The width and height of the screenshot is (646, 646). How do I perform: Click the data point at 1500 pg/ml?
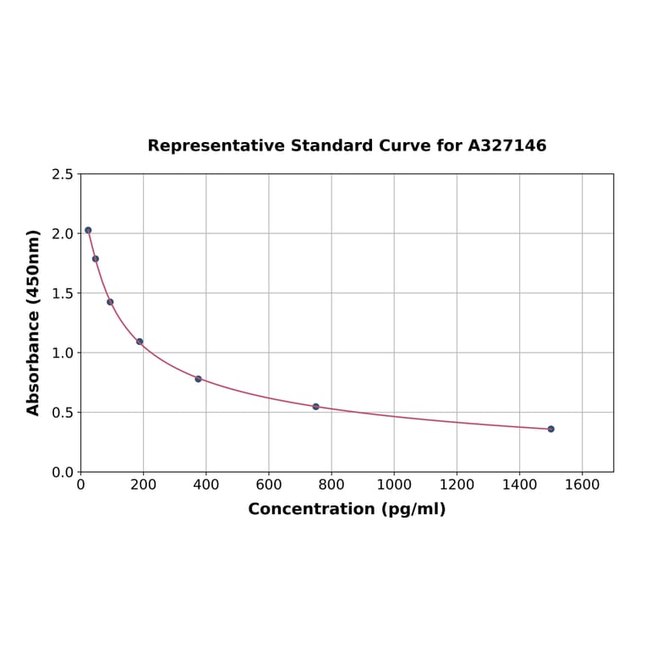click(550, 429)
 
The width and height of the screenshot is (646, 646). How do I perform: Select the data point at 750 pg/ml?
click(315, 407)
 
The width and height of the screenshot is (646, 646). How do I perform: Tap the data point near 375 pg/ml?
click(198, 379)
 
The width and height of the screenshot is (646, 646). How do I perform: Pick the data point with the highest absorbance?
click(88, 230)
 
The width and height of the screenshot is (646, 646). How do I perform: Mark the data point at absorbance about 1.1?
click(140, 342)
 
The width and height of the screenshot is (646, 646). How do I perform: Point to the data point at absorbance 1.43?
click(110, 302)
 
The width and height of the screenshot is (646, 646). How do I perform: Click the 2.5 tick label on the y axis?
click(61, 174)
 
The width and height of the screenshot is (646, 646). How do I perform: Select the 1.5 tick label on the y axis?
click(61, 293)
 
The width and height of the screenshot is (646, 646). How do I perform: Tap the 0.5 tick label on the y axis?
click(61, 413)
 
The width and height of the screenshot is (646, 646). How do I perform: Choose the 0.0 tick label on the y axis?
click(61, 472)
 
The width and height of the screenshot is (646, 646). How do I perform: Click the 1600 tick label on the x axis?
click(582, 484)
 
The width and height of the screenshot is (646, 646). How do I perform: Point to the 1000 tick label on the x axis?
click(394, 484)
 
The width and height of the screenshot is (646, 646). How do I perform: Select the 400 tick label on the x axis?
click(205, 484)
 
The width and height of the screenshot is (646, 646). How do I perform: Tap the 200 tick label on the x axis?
click(143, 484)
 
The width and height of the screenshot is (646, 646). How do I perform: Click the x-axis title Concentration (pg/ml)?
click(347, 509)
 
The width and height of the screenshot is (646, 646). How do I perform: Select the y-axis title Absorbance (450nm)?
click(34, 322)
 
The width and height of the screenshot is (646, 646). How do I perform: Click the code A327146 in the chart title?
click(507, 145)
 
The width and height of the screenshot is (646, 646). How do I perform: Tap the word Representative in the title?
click(216, 145)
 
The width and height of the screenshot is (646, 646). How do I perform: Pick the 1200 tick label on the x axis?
click(457, 484)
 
